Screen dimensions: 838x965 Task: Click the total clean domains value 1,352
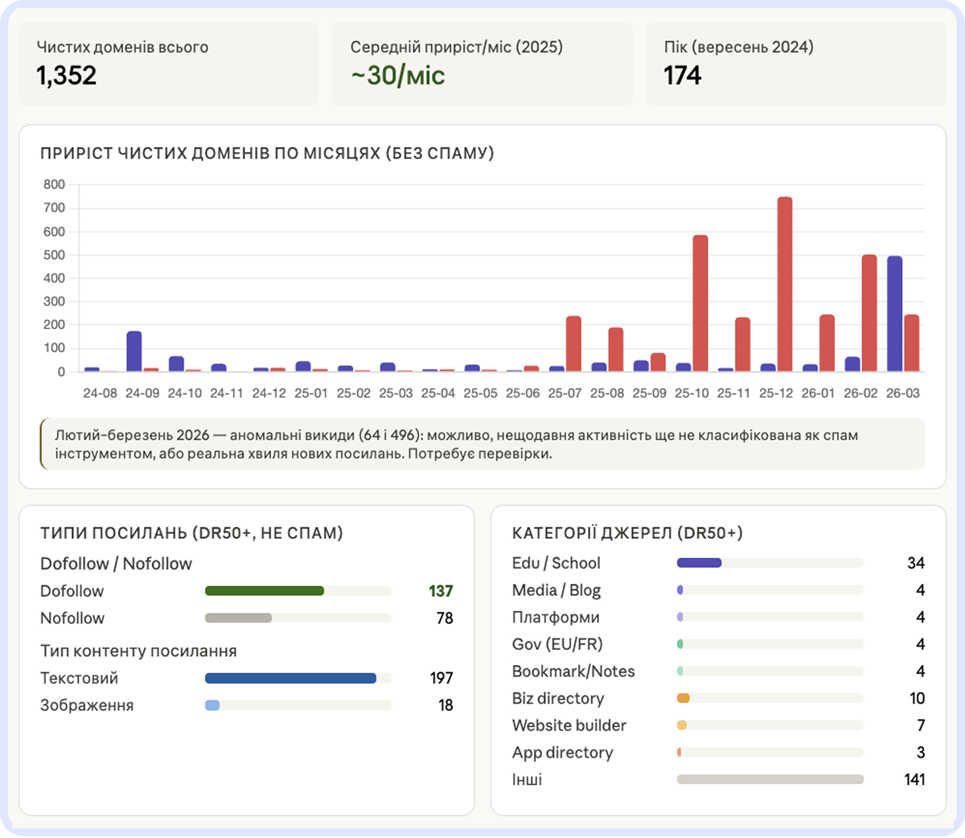67,76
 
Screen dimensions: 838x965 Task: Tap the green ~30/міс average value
397,76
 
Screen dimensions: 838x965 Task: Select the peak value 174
682,76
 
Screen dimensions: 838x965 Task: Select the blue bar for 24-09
134,351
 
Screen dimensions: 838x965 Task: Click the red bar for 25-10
700,303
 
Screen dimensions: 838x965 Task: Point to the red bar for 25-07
573,343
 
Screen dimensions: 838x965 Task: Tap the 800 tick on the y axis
55,184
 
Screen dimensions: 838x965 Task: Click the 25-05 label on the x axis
480,393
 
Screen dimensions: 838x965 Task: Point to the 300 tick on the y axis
55,302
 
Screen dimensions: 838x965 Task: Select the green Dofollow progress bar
265,591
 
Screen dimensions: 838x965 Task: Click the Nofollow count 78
445,618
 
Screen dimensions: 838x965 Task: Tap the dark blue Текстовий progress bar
290,678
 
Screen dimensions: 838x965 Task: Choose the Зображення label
87,705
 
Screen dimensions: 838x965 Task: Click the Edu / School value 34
916,563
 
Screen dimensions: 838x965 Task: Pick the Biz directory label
558,698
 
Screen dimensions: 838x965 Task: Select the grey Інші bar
770,779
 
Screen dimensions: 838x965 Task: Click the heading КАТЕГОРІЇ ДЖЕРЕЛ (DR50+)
627,533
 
